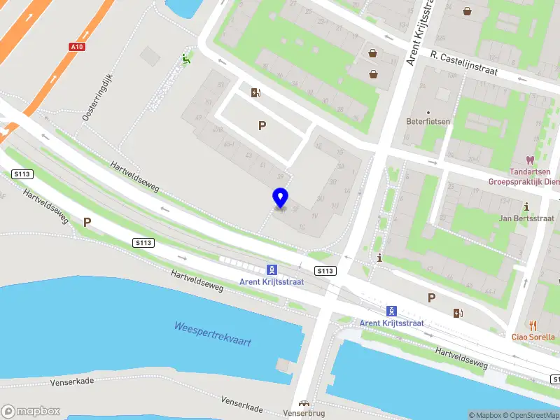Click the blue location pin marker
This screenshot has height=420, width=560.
tap(281, 198)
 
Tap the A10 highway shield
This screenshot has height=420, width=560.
tap(77, 47)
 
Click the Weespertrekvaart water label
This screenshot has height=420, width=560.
tap(212, 334)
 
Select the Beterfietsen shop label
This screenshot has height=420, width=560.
tap(428, 121)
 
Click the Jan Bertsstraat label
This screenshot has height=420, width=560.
tap(526, 218)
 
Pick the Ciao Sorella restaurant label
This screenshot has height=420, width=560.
tap(533, 336)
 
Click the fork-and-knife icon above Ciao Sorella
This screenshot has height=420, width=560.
tap(533, 325)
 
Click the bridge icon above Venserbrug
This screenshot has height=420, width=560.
tap(303, 404)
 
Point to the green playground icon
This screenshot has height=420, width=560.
tap(185, 59)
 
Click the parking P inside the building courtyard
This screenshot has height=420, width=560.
tap(262, 126)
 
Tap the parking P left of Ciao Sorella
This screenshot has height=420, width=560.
tap(432, 297)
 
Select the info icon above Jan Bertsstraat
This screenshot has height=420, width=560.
tap(526, 206)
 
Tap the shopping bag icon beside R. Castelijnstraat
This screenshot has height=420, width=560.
tap(374, 52)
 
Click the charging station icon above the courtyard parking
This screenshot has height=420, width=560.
tap(256, 92)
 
